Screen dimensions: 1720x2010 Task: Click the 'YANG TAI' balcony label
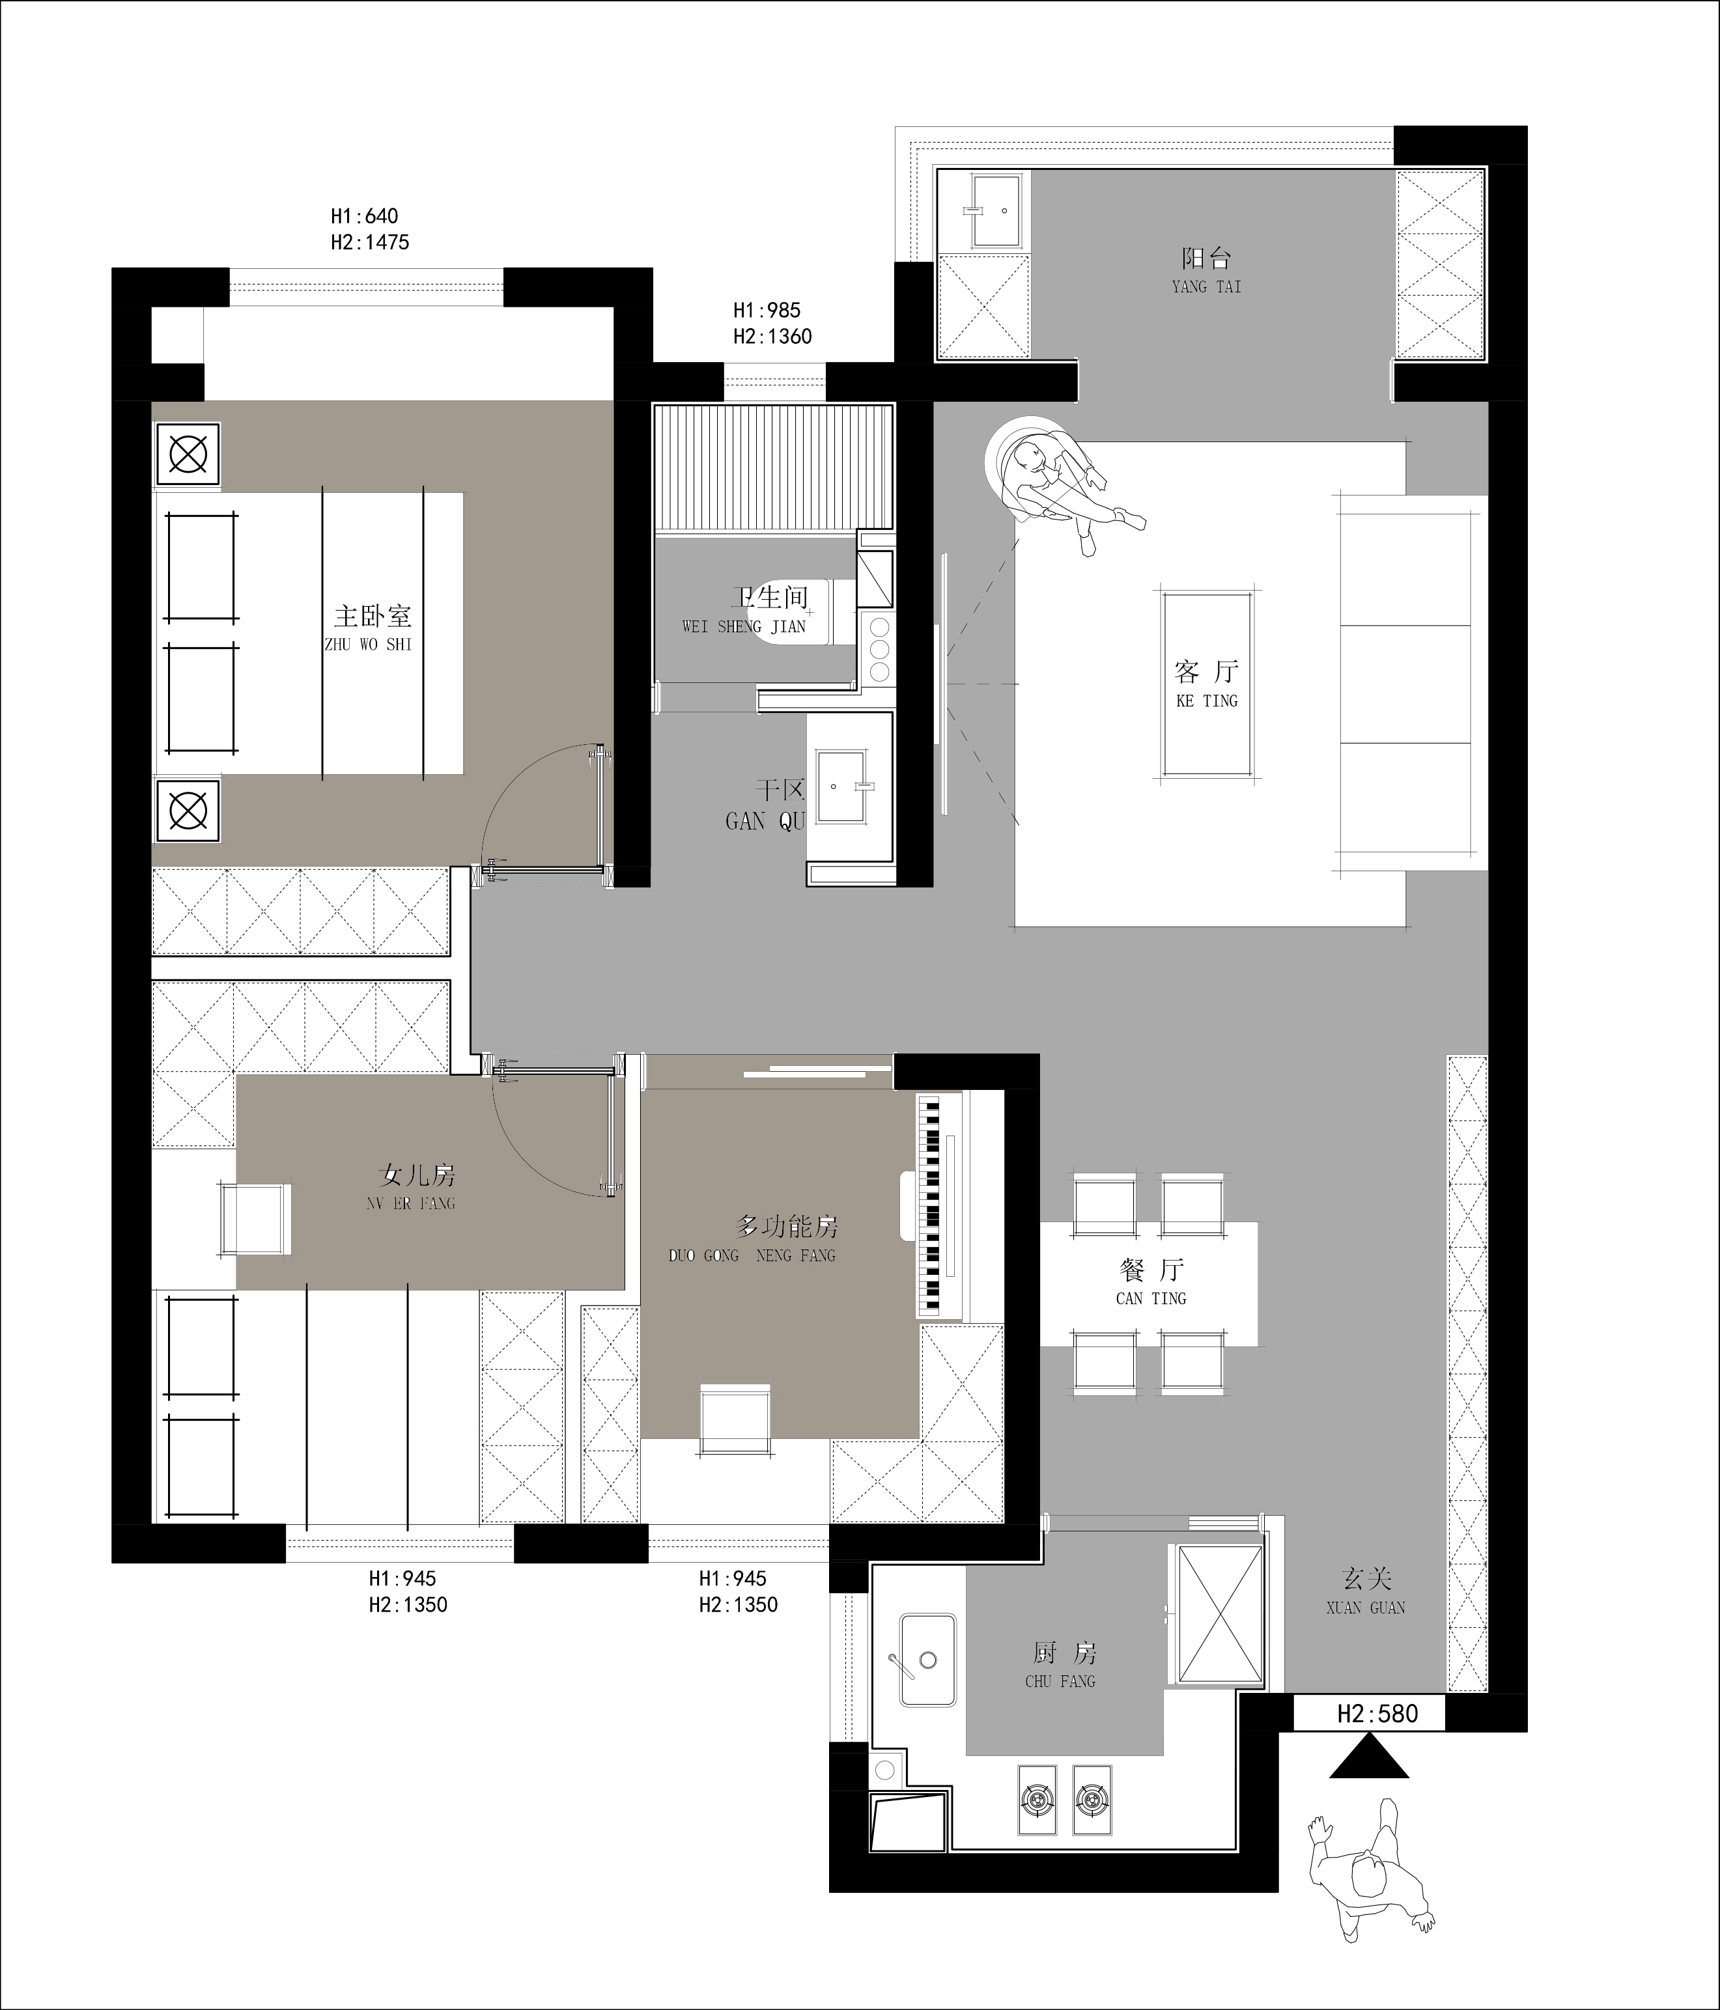click(1206, 287)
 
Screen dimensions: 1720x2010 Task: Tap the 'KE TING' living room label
click(1207, 701)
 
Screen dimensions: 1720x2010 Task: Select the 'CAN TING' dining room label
click(1151, 1298)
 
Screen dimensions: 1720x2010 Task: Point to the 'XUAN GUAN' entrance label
click(1366, 1608)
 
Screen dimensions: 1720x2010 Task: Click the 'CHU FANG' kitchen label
click(1060, 1681)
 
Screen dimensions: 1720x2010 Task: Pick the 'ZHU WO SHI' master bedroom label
click(369, 644)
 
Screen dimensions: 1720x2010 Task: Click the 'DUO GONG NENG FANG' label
click(752, 1255)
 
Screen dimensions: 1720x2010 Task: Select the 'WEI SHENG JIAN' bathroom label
click(744, 626)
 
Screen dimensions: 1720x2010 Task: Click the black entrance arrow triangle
click(1369, 1756)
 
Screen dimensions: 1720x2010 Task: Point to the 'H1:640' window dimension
click(364, 216)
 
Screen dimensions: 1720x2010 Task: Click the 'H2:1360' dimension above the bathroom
click(772, 337)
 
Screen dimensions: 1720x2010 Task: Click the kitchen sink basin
click(927, 1659)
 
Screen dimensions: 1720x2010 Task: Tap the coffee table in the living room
click(1207, 685)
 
